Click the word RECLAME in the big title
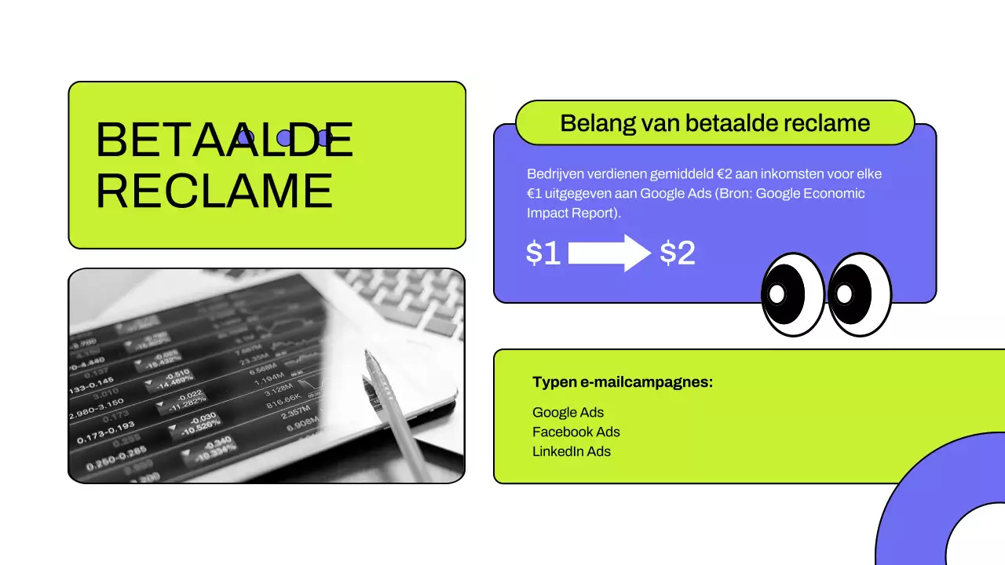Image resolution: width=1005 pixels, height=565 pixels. [214, 190]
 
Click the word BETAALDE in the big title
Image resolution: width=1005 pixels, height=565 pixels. [224, 140]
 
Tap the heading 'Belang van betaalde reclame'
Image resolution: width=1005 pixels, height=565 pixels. [714, 123]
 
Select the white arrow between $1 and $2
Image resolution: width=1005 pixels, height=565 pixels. [609, 253]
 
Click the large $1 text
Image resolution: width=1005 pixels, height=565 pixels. [543, 253]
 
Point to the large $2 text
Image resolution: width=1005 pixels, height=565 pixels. [678, 253]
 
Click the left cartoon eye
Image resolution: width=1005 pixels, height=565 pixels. [792, 293]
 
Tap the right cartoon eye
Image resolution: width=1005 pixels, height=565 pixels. [860, 293]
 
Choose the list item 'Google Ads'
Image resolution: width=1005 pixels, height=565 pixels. [568, 413]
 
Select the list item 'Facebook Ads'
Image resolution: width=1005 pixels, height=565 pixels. [576, 432]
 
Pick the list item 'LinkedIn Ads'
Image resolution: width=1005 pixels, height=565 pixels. [571, 452]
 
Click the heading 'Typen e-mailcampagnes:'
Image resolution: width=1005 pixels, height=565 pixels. [623, 382]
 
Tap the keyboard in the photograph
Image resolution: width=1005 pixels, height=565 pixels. [408, 302]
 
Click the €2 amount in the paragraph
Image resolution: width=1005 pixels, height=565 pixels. [725, 173]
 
